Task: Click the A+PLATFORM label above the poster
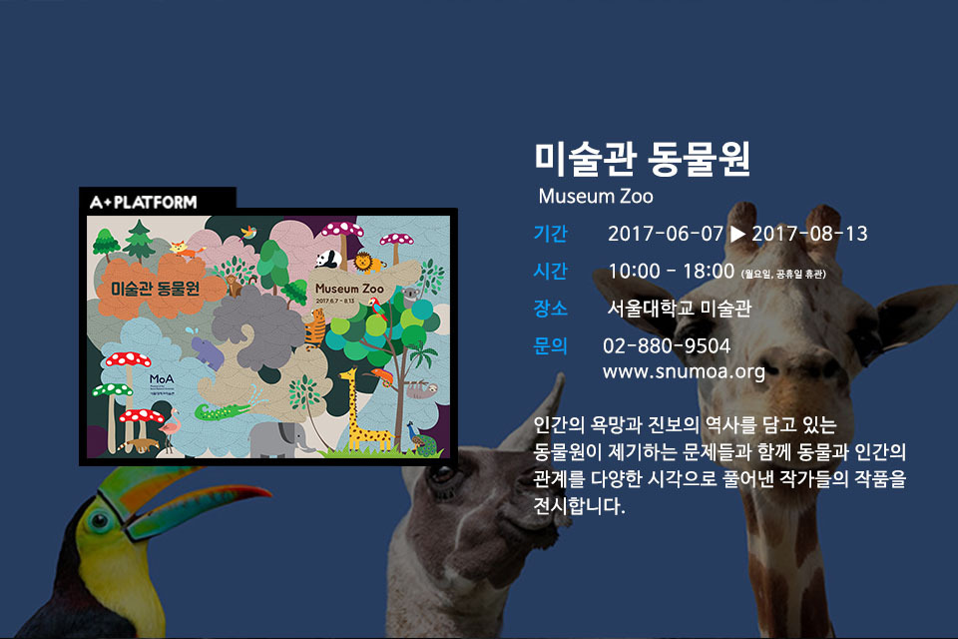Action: coord(144,202)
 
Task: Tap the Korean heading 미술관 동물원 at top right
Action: coord(642,159)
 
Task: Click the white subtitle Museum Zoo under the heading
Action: coord(596,195)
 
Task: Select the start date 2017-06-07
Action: coord(665,235)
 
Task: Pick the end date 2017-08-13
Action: coord(809,235)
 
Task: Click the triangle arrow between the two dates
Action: coord(737,235)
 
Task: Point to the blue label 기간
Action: coord(551,235)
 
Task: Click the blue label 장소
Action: coord(551,309)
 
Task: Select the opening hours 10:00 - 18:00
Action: coord(672,272)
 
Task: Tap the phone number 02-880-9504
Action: coord(667,346)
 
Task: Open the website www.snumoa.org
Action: coord(684,372)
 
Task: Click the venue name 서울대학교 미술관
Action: coord(679,309)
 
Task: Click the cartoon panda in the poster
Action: coord(329,260)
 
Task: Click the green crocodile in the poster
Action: coord(218,410)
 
